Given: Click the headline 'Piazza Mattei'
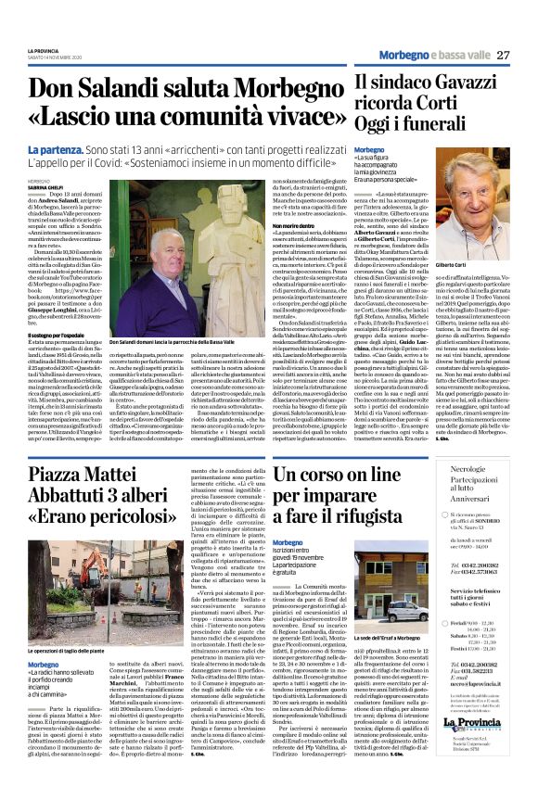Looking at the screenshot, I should [x=112, y=475].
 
